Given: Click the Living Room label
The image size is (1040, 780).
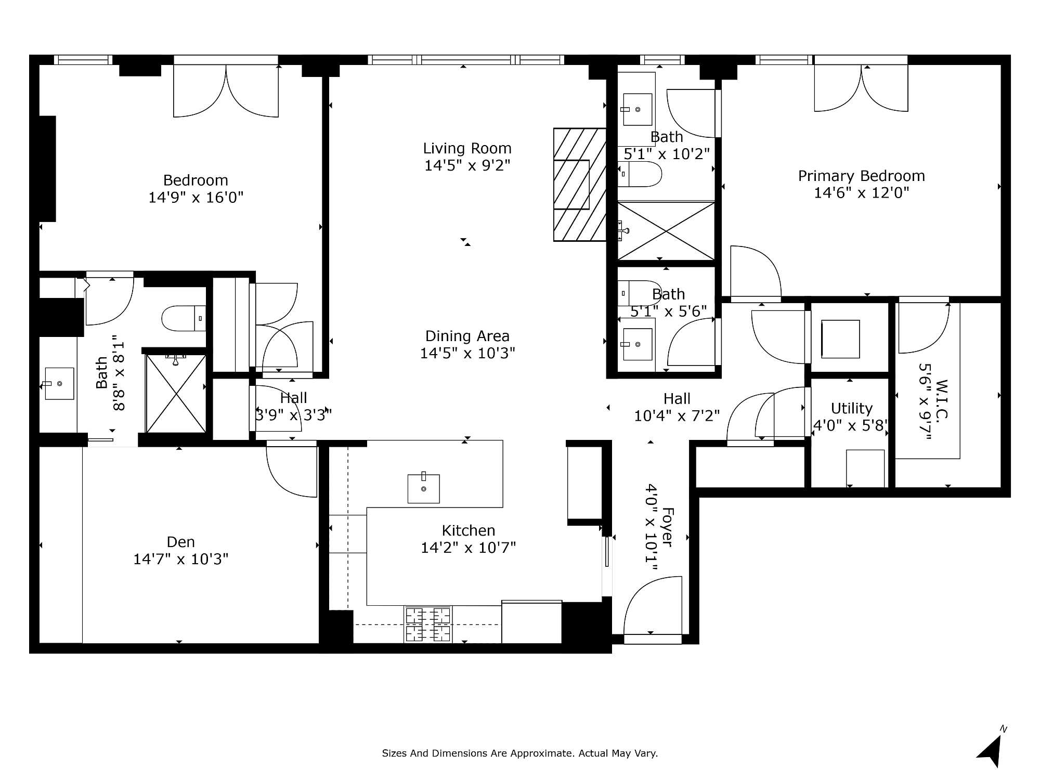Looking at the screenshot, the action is (467, 149).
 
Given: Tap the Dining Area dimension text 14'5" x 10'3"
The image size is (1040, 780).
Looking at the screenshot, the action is (467, 353).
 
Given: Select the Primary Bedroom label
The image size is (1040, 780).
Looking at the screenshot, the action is (862, 176).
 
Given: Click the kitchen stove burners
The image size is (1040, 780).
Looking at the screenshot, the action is (428, 624).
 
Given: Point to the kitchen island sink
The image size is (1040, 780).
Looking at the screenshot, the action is (423, 488).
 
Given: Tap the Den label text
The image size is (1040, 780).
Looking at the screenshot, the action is (181, 542).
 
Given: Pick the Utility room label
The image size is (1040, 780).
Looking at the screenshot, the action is (851, 408).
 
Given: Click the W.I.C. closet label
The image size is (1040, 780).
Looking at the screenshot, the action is (942, 399).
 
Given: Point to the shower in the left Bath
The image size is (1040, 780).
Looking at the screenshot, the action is (176, 393).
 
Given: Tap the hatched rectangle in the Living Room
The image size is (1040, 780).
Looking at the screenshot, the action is (580, 185).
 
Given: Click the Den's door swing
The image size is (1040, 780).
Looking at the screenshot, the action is (292, 471).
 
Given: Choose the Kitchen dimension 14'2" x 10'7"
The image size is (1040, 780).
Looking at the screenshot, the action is (468, 548).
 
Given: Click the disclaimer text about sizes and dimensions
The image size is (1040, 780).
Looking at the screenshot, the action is (520, 753).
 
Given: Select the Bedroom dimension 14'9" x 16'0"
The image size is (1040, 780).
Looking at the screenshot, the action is (196, 198).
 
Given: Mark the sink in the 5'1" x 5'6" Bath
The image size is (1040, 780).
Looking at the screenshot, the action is (637, 344).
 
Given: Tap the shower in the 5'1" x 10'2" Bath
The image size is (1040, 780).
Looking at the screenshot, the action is (666, 231).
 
